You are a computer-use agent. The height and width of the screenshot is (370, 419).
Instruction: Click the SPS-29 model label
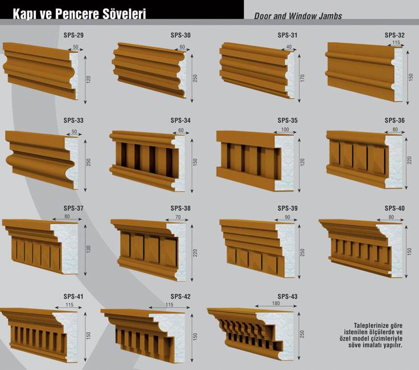pos(73,35)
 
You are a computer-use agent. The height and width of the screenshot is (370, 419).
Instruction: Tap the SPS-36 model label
pos(395,120)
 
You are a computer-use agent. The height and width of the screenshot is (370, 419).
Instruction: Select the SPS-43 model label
pos(287,296)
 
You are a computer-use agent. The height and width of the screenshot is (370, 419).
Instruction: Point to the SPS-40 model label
pos(395,208)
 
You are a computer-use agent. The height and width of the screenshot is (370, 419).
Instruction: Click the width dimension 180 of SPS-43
pos(276,303)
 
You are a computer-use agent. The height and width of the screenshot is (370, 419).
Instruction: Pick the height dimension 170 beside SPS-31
pos(302,78)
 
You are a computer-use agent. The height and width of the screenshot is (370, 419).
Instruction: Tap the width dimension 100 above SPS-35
pos(285,129)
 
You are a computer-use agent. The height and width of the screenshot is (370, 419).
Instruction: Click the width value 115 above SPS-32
pos(396,43)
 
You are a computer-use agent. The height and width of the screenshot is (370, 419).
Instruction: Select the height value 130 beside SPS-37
pos(88,249)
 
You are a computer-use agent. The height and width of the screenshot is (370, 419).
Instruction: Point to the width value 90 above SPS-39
pos(287,217)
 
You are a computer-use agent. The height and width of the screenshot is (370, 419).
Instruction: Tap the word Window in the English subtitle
pos(302,16)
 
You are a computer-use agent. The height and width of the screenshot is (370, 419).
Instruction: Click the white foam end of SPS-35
pos(284,162)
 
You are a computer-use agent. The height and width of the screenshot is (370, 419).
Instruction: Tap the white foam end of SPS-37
pos(66,247)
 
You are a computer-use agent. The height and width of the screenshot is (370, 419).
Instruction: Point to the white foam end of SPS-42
pos(172,336)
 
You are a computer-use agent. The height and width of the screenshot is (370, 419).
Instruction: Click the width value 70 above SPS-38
pos(178,217)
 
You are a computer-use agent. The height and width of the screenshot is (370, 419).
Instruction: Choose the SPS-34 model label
pos(180,120)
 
